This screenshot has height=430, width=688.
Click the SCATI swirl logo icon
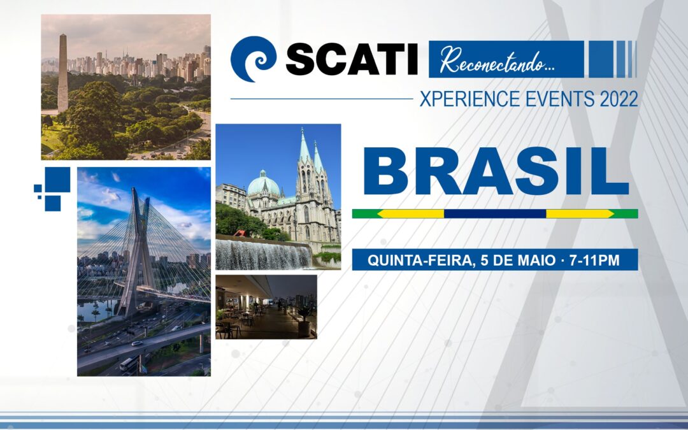coord(253,59)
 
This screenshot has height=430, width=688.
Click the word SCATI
coord(352,59)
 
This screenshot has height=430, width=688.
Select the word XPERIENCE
coord(470,99)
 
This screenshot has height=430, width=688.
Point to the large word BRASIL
coord(496,171)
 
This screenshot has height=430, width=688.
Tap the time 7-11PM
coord(594,260)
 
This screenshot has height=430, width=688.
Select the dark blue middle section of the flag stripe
coord(495,213)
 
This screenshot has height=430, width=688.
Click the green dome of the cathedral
coord(263,184)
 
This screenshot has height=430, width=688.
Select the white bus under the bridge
coord(129,363)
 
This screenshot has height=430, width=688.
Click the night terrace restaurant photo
coord(266,306)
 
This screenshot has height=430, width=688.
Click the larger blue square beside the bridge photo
coord(57,180)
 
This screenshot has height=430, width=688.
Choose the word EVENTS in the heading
coord(560,99)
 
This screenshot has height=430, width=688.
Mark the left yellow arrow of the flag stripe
coord(411,213)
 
